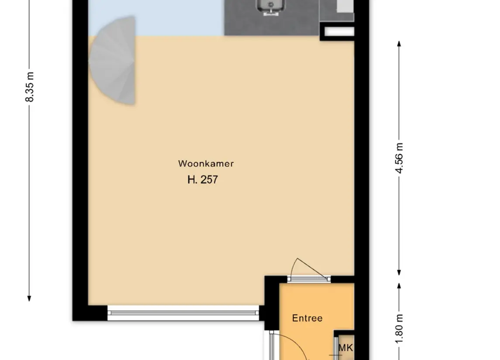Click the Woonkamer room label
pos(206,164)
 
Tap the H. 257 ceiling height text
pos(203,180)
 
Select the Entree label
pos(307,318)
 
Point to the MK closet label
pos(346,348)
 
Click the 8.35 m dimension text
pos(29,87)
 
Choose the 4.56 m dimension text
pos(399,158)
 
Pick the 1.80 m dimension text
pos(399,329)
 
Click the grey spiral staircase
pos(113,61)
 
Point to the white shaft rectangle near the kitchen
pos(339,31)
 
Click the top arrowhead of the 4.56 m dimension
pos(399,44)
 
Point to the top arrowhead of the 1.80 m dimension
pos(399,286)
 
